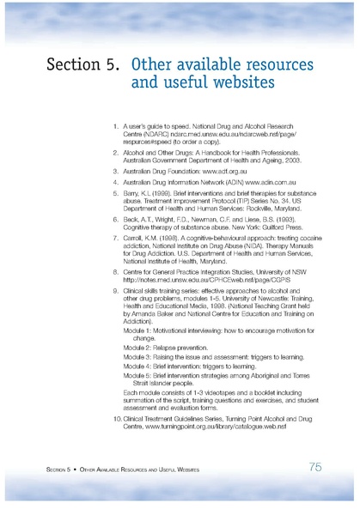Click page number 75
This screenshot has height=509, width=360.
315,467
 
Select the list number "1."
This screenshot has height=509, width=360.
117,127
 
